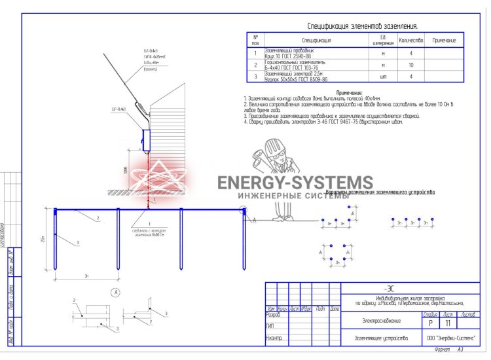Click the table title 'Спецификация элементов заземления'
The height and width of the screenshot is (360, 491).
(362, 26)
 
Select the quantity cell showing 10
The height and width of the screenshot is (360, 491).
(410, 65)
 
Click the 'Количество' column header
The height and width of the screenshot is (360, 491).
(410, 40)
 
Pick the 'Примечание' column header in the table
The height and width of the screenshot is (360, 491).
(444, 40)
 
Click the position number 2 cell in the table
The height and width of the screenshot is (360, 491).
(255, 65)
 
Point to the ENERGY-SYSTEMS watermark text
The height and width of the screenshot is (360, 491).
(295, 183)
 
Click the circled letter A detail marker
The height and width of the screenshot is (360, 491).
(115, 291)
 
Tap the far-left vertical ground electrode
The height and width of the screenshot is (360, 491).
(56, 239)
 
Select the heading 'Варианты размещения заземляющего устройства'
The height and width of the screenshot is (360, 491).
(380, 192)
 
